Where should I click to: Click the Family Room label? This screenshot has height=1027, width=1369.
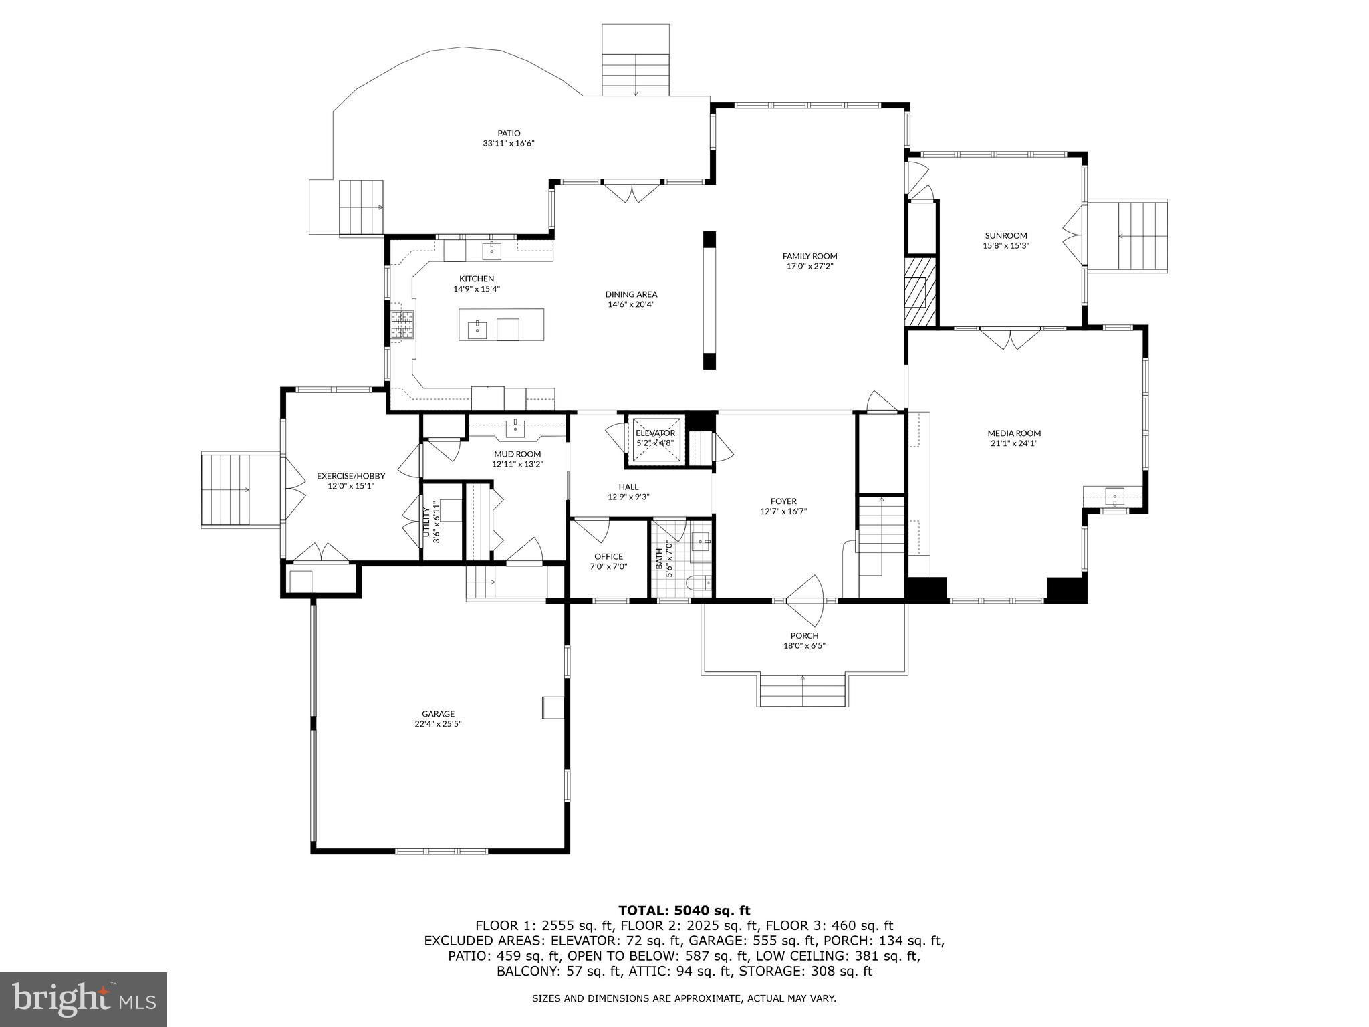point(810,256)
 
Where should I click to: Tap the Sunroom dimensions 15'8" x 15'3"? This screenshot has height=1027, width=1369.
point(1005,245)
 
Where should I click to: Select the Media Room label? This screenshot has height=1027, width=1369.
point(1014,433)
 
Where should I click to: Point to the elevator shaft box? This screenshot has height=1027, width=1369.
point(656,439)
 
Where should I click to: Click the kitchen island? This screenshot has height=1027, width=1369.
point(501,324)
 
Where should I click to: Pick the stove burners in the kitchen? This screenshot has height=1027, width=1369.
point(402,326)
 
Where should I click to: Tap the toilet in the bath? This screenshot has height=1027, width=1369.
point(700,584)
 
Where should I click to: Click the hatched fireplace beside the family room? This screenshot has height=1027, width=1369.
point(920,292)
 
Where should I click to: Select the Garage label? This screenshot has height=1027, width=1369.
point(438,714)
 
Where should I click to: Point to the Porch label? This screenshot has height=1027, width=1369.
point(804,636)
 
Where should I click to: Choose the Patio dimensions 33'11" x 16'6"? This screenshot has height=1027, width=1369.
point(509,143)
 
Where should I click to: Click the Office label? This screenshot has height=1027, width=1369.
point(608,556)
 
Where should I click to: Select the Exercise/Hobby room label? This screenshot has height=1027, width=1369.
point(351,476)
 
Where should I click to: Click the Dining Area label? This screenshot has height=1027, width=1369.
point(631,294)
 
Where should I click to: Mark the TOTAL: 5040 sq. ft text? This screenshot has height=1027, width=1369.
point(684,911)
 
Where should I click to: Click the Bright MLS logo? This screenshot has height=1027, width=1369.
point(84,999)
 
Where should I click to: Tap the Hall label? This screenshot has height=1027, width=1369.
point(628,487)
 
